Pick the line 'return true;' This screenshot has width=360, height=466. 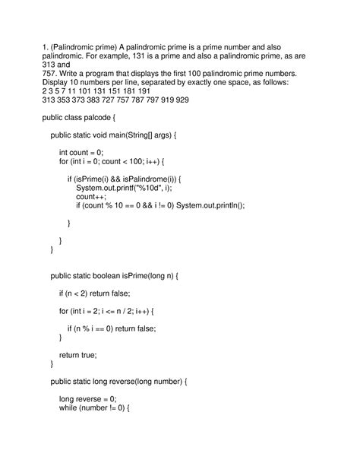pos(78,355)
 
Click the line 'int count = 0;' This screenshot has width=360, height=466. pos(81,152)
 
